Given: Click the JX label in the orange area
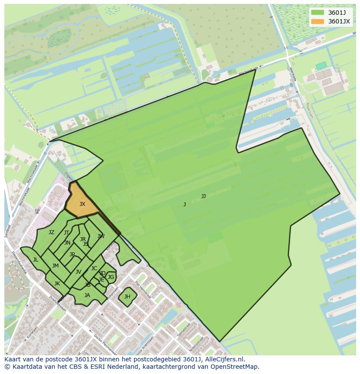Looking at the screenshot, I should click(x=82, y=204).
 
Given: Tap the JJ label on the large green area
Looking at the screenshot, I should click(x=203, y=196).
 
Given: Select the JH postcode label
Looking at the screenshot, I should click(x=127, y=297).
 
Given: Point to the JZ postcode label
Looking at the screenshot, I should click(x=51, y=232).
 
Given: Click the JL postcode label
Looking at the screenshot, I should click(x=35, y=260).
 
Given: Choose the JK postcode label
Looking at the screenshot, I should click(x=57, y=284).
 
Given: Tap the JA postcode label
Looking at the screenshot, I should click(x=87, y=295).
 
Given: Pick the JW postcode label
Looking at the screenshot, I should click(x=101, y=236).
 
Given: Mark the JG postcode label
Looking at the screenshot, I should click(x=111, y=277).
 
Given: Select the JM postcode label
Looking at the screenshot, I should click(x=55, y=266).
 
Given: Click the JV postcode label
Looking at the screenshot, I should click(x=78, y=272).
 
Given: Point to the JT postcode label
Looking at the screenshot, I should click(x=67, y=233).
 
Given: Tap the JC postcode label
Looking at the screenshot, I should click(x=94, y=268).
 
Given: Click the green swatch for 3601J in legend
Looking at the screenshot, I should click(x=318, y=13).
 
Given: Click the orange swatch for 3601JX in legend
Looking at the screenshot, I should click(x=318, y=21).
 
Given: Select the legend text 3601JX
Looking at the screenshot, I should click(x=339, y=21).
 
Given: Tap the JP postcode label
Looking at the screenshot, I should click(x=72, y=255).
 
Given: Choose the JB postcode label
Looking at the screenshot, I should click(x=88, y=285).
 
